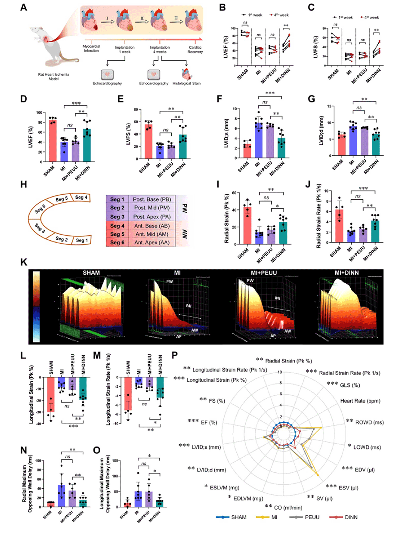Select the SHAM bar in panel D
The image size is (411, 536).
(x=53, y=140)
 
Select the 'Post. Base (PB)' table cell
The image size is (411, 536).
(x=151, y=199)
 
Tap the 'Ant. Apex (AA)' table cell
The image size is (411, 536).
(x=151, y=242)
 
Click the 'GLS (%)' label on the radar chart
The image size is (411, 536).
(x=349, y=385)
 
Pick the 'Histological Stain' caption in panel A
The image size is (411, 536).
(x=186, y=84)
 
